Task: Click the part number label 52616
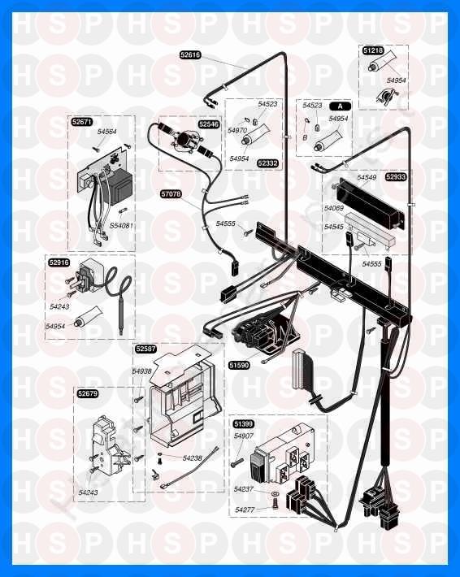[190, 55]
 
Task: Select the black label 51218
[373, 50]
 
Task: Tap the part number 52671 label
[82, 122]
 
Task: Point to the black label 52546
[209, 124]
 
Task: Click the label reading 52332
[267, 163]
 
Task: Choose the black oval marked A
[340, 106]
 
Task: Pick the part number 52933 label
[396, 177]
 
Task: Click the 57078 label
[171, 193]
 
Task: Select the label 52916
[59, 262]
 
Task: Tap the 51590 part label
[239, 365]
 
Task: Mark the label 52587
[145, 349]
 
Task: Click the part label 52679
[88, 393]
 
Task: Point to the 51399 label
[244, 424]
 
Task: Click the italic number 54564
[107, 132]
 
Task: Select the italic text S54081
[121, 225]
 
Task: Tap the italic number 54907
[244, 436]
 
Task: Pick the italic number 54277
[245, 510]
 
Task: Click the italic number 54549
[367, 177]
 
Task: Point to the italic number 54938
[142, 371]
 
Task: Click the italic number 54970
[237, 130]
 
